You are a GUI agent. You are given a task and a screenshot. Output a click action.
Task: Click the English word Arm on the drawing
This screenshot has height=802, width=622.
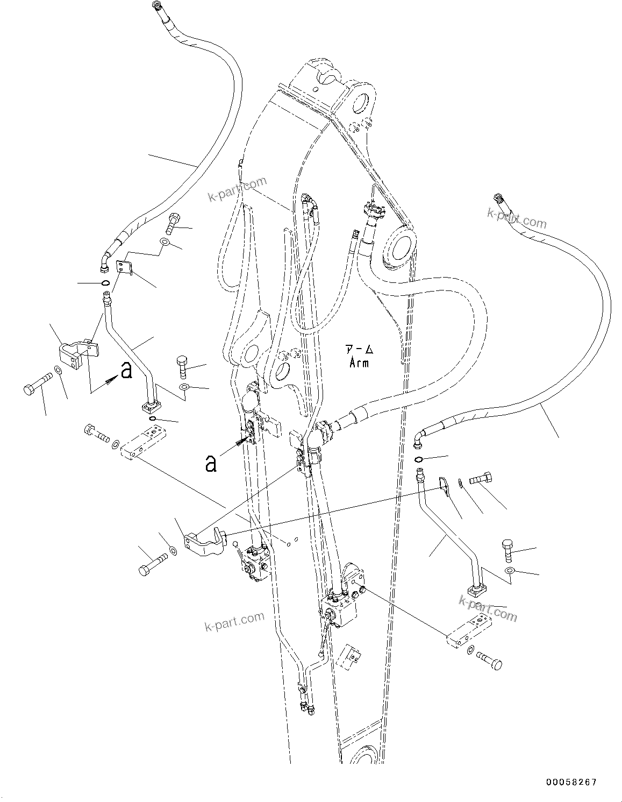pyautogui.click(x=359, y=363)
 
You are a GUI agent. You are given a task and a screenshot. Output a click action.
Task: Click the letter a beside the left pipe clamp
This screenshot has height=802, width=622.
pyautogui.click(x=126, y=370)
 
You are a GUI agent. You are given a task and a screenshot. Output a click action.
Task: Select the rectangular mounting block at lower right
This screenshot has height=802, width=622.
pyautogui.click(x=468, y=629)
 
